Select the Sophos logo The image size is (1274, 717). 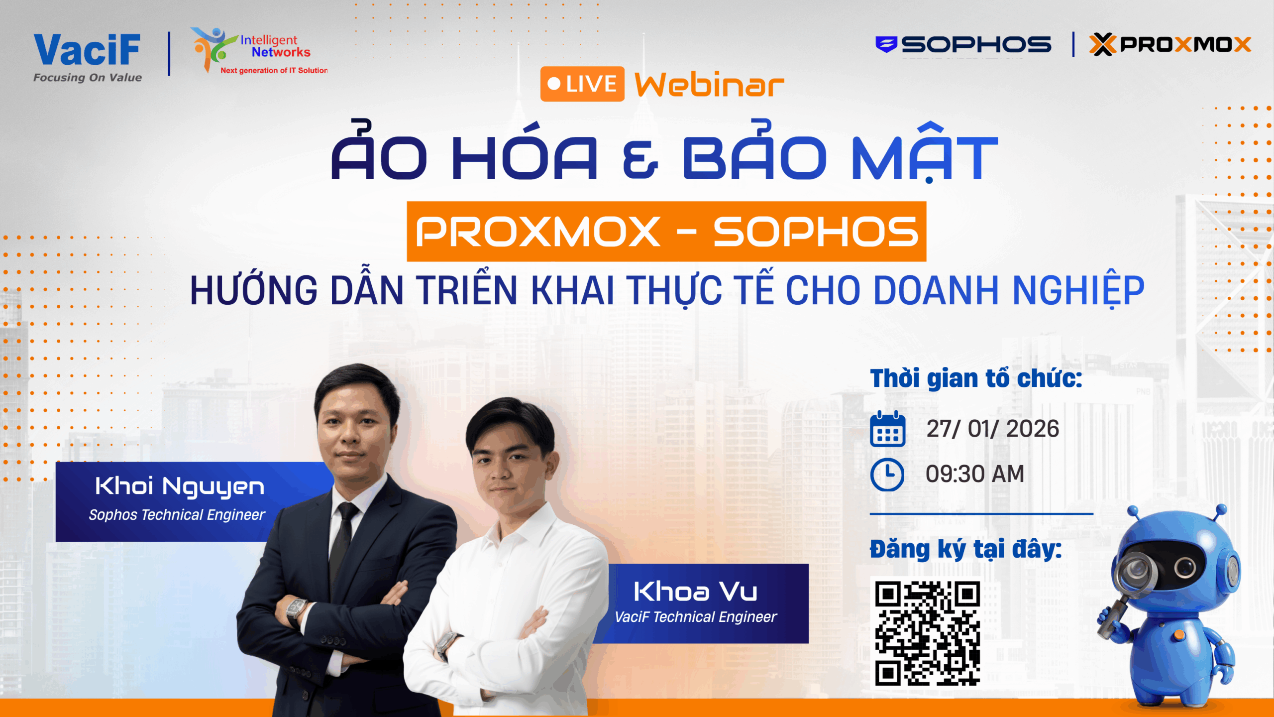coord(963,45)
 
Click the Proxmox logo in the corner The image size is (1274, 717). coord(1170,44)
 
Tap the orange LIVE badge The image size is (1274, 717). coord(582,84)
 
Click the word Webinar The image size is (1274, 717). coord(710,85)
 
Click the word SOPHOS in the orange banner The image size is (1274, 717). coord(816,232)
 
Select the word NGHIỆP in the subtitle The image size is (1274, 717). coord(1079,291)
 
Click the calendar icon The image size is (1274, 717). coord(887,429)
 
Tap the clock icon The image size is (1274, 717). coord(887,475)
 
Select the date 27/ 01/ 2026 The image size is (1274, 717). coord(993,429)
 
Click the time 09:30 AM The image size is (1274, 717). coord(975,474)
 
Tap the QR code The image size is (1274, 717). coord(928,633)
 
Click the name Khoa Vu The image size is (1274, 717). coord(695,592)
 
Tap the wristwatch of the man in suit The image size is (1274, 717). coord(297,612)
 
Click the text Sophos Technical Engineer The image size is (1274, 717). coord(177,515)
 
